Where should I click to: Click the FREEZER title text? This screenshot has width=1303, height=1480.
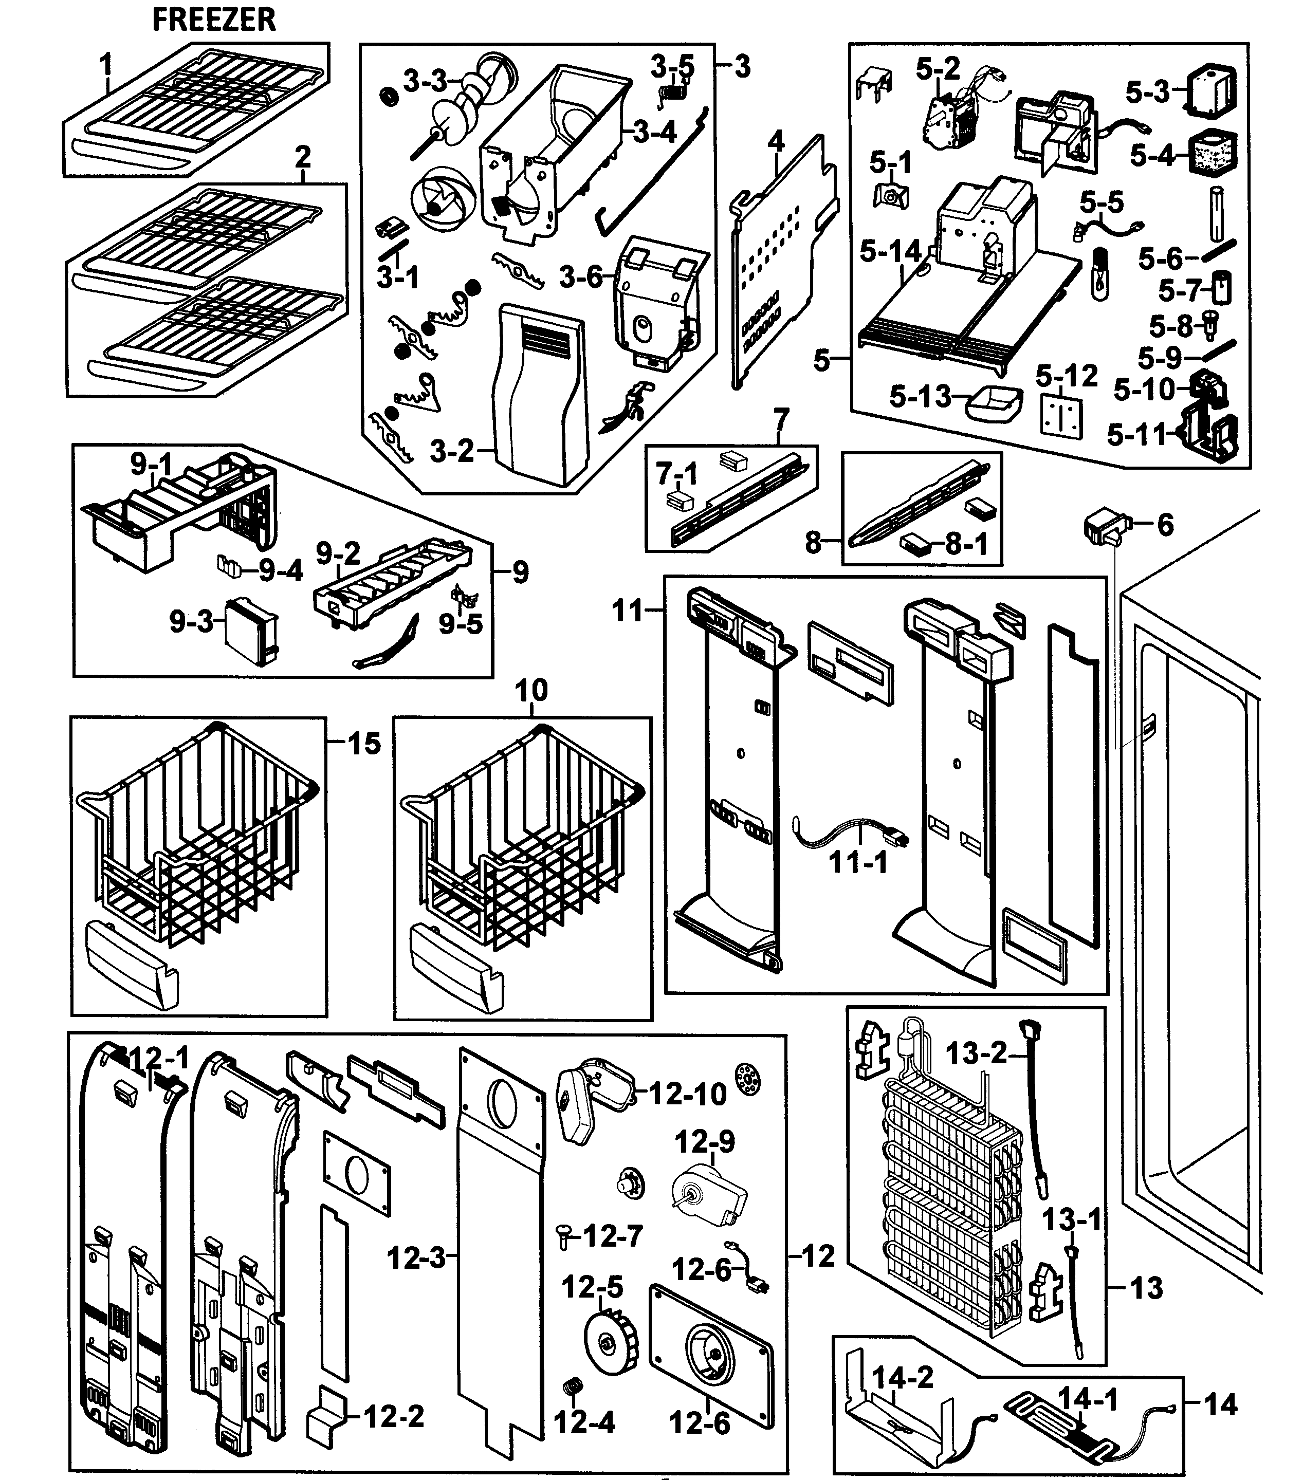214,20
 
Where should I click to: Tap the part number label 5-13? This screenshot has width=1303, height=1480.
920,396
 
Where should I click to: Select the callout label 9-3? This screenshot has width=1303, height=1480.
191,621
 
